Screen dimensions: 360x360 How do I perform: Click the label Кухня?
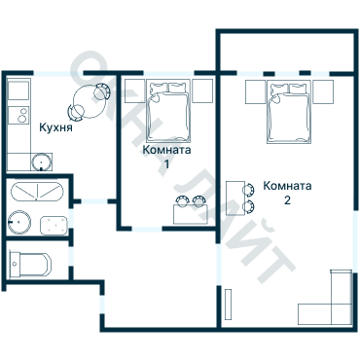55,127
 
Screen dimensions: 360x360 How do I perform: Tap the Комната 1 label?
166,157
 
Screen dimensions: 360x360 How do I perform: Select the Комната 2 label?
287,193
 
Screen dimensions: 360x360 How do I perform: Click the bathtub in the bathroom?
37,192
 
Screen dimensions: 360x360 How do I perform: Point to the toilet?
30,265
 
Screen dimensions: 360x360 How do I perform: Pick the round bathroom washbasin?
19,222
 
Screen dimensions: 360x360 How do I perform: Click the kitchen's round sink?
41,162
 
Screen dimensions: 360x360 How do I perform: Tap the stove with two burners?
18,115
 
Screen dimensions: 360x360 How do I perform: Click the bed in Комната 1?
167,111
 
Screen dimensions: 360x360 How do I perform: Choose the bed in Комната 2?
289,111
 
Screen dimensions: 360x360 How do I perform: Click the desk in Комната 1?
191,214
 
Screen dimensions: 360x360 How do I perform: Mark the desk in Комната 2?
235,198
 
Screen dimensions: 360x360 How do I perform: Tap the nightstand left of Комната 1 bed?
134,91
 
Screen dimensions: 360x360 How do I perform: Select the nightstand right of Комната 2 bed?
323,91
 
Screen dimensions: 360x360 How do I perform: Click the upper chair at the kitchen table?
102,91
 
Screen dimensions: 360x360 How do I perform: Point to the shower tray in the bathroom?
54,226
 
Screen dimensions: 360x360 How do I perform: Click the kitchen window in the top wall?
58,73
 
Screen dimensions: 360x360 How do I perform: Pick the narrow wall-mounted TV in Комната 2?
228,305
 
